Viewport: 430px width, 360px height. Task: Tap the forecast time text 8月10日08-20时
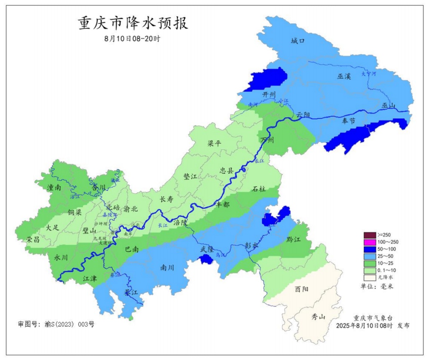[132, 38]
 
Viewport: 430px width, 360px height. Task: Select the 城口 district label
[297, 41]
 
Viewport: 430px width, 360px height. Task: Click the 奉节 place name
[348, 120]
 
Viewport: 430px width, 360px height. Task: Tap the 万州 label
[267, 139]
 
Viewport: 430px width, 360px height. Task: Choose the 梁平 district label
[214, 143]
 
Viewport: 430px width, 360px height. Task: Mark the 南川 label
[168, 267]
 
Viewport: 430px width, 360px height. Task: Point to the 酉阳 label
[302, 289]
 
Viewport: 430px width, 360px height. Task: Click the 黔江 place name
[294, 240]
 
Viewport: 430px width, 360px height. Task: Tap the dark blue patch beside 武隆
[205, 259]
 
